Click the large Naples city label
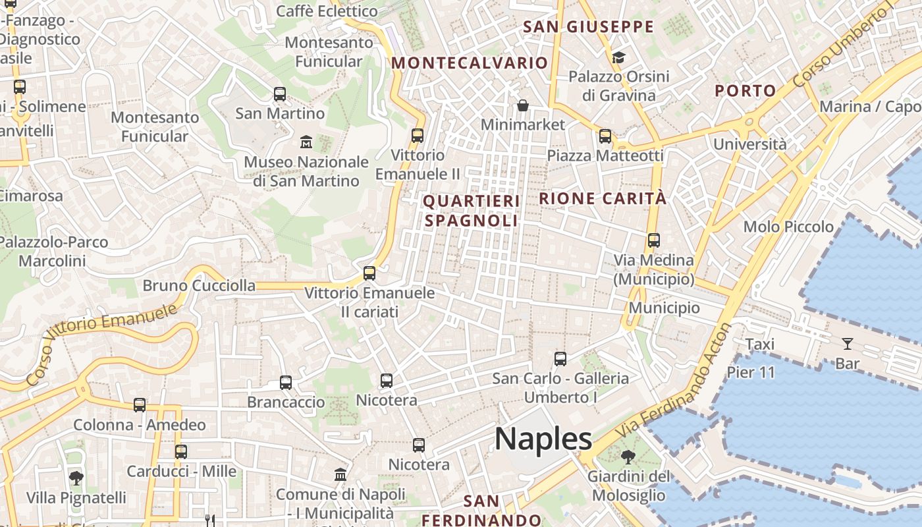543,439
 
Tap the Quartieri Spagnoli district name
471,211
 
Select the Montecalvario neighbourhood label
470,63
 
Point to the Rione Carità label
603,198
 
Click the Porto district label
746,91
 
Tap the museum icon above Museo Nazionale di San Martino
306,142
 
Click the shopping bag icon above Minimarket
523,105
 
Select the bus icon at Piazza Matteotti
605,136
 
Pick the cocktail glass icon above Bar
847,343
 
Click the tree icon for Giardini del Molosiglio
628,456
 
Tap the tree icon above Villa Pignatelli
76,478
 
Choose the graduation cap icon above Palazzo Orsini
618,58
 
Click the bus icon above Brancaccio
286,382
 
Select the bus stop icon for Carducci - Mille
181,452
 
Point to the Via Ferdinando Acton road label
675,385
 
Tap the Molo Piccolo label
788,227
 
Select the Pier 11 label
751,372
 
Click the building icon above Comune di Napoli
340,475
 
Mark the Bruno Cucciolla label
199,286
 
